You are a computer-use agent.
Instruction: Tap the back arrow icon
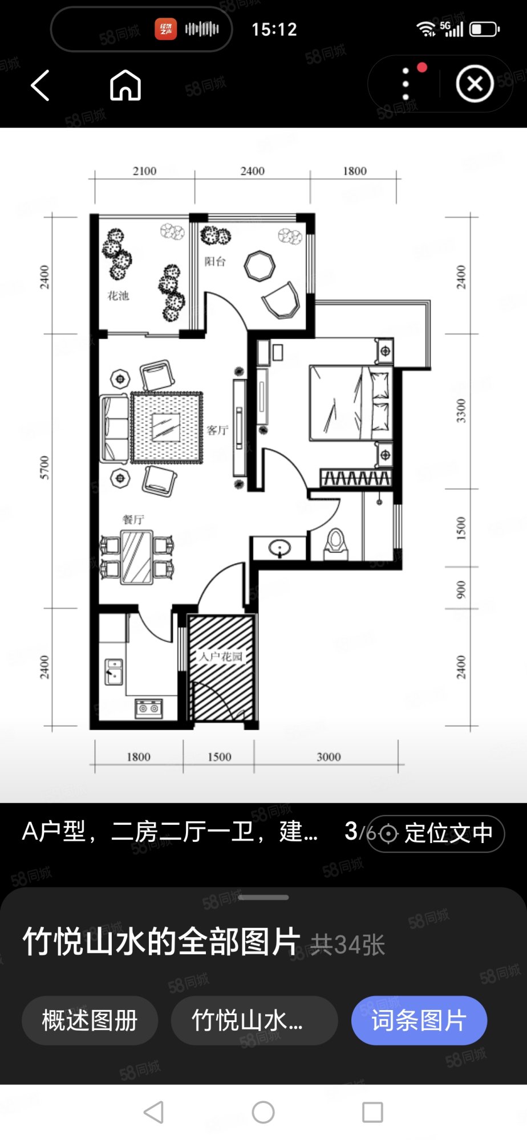click(40, 85)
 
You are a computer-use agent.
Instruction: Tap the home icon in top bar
click(125, 85)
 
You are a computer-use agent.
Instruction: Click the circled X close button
click(475, 84)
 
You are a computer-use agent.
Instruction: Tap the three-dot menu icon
click(406, 84)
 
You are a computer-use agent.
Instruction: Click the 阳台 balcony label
click(215, 262)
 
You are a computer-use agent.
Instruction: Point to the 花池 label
click(118, 296)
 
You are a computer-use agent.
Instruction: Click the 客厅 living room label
click(217, 430)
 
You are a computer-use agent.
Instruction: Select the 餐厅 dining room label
click(133, 519)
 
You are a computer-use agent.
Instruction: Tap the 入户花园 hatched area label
click(221, 657)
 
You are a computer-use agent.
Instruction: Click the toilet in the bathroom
click(336, 544)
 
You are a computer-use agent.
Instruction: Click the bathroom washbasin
click(279, 549)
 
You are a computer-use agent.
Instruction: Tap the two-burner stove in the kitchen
click(149, 709)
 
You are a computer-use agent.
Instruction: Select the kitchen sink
click(114, 671)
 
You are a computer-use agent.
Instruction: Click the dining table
click(136, 557)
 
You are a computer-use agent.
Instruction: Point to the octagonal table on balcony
click(260, 266)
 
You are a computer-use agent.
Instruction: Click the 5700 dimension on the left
click(44, 467)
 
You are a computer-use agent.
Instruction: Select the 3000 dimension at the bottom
click(329, 757)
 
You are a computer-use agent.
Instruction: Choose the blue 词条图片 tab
click(419, 1020)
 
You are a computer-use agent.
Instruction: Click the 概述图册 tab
click(90, 1020)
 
